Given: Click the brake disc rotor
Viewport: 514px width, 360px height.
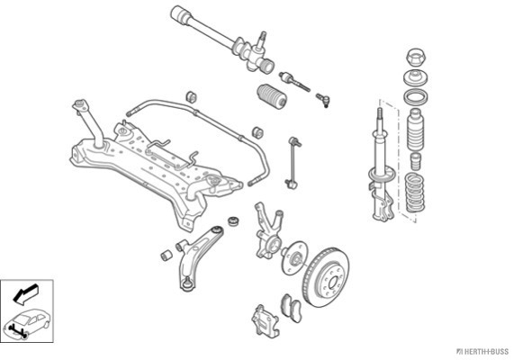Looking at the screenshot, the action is [326, 277].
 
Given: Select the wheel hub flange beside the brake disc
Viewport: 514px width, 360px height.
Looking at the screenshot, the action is [294, 258].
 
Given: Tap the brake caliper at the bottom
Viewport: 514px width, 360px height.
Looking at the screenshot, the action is [266, 321].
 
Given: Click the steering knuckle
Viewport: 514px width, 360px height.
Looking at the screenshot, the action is [268, 230].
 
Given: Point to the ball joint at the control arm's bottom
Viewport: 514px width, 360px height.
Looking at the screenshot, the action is [187, 283].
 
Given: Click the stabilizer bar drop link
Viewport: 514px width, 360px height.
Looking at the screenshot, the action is [292, 162].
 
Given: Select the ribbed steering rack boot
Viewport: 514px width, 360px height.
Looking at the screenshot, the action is [272, 96].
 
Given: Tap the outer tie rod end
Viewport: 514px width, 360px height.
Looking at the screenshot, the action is [323, 100].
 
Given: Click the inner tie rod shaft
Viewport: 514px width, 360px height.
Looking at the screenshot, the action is [294, 82].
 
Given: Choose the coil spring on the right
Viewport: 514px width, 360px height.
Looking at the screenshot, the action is [415, 192].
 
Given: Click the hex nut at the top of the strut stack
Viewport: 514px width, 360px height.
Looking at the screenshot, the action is [416, 58].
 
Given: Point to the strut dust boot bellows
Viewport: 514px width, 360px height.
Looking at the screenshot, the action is [415, 130].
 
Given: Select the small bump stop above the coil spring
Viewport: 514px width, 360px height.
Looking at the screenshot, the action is [416, 161].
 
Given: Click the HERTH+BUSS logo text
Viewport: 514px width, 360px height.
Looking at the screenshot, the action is [483, 352].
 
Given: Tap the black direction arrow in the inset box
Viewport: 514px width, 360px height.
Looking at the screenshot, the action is [25, 293].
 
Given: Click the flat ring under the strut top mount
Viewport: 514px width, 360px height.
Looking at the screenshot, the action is [416, 97].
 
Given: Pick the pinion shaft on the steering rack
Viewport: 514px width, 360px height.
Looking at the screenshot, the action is [261, 40].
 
